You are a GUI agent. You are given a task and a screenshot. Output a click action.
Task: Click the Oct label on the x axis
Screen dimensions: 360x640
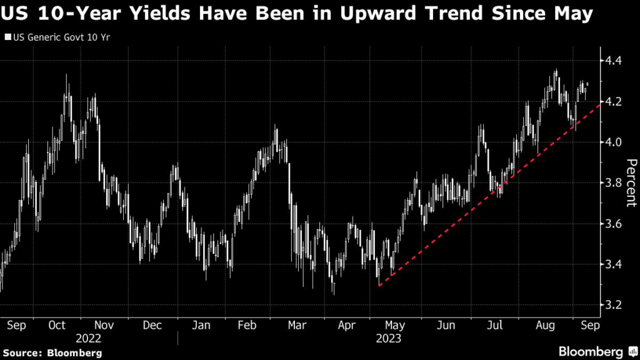click(57, 326)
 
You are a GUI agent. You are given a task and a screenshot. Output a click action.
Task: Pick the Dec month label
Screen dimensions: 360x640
click(152, 326)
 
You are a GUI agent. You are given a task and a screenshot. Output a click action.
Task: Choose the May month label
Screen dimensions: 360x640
click(395, 326)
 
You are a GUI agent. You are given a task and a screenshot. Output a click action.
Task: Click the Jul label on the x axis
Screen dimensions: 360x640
click(494, 326)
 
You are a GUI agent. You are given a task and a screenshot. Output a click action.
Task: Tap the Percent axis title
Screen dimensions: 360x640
click(631, 182)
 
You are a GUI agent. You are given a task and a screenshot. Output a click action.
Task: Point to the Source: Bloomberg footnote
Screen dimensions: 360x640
click(52, 352)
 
